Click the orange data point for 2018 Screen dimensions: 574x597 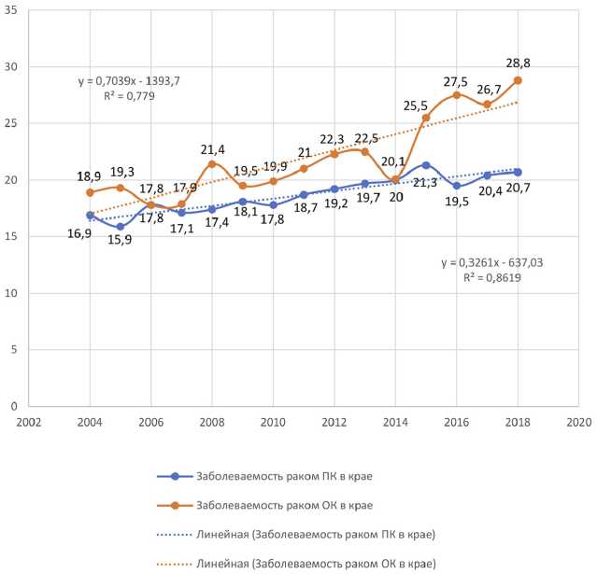[x=517, y=80]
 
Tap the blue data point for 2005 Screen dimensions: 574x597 [x=121, y=227]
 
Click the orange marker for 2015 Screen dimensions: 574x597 [x=425, y=118]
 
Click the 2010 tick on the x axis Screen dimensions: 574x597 [x=273, y=421]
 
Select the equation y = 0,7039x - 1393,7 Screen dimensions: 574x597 [x=129, y=81]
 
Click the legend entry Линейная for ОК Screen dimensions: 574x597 [x=319, y=564]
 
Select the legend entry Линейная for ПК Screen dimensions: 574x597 [x=319, y=535]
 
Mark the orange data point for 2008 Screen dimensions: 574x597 [x=212, y=164]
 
